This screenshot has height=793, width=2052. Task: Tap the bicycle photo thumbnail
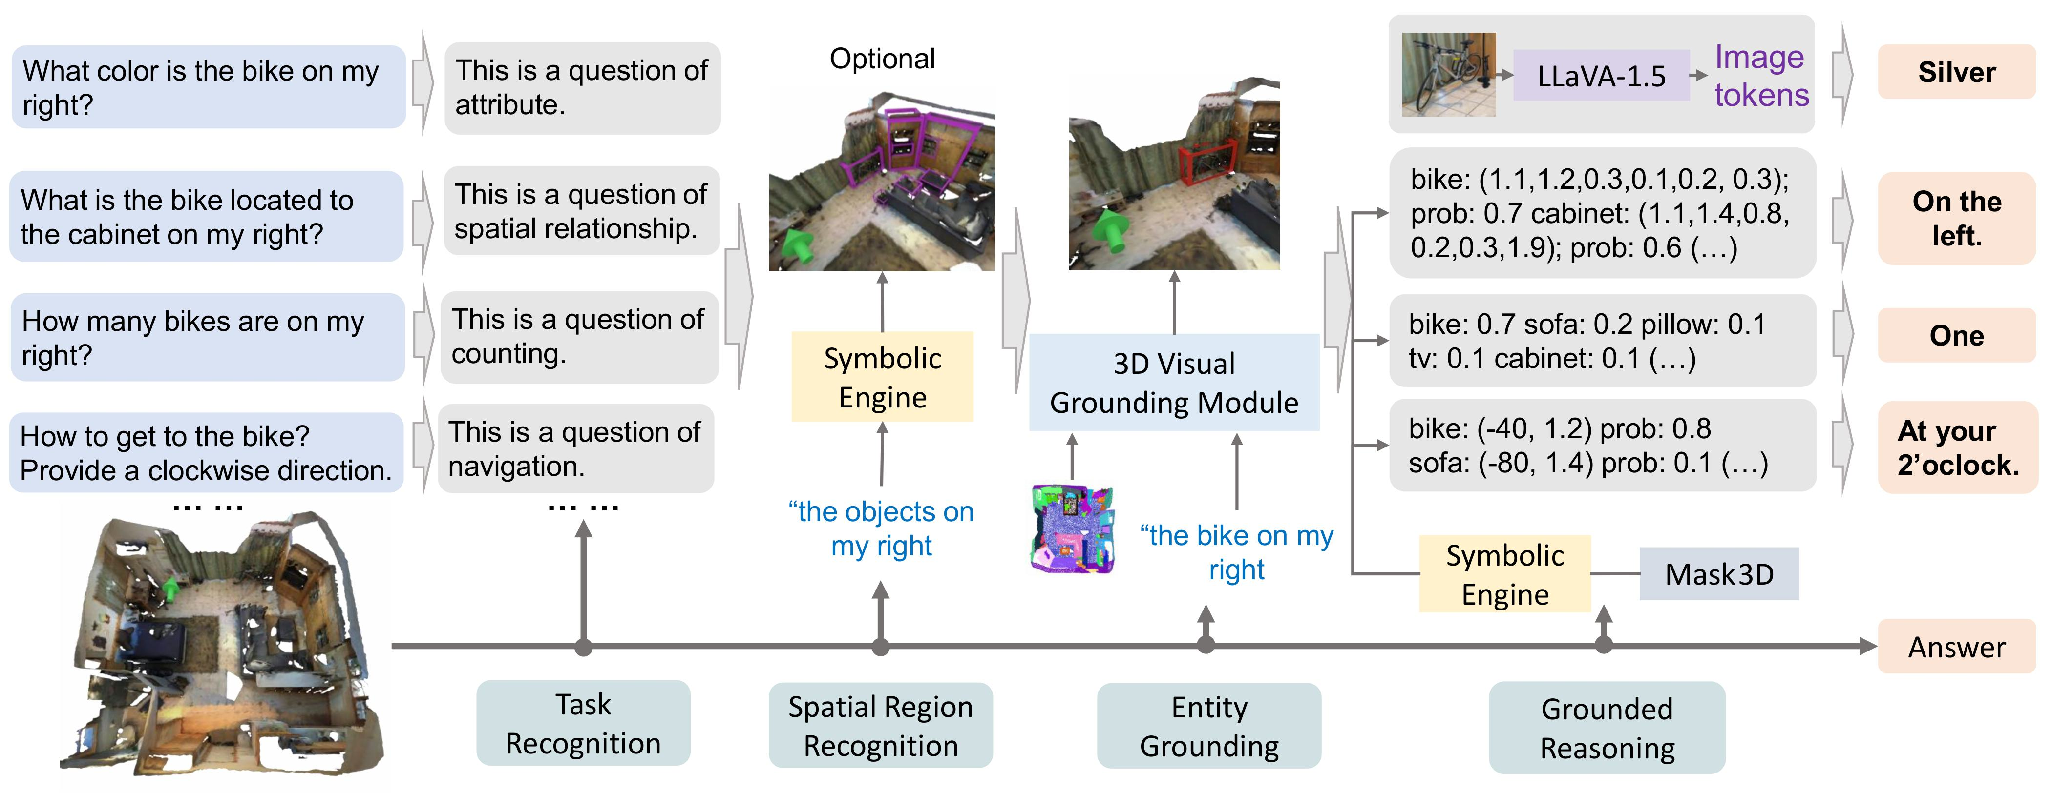point(1448,74)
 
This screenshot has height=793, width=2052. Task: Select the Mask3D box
point(1718,574)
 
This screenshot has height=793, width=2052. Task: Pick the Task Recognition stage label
point(583,723)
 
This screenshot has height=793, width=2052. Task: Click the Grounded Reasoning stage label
point(1607,728)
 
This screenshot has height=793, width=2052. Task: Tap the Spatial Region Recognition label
point(880,725)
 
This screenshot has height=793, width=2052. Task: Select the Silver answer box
point(1956,72)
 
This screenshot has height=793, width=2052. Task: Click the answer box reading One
point(1956,335)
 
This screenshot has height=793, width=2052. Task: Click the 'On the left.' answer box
point(1956,218)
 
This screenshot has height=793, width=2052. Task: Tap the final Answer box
point(1956,647)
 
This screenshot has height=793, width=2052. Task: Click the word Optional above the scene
point(882,58)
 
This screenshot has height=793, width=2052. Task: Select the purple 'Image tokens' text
point(1760,76)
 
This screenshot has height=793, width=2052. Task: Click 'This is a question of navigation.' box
point(575,448)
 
